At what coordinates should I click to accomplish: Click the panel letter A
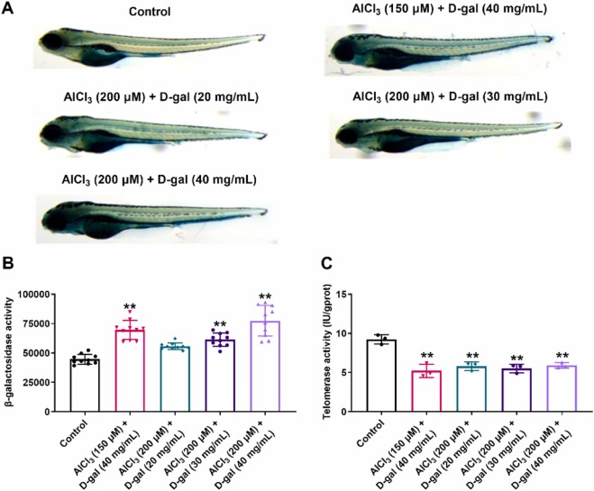tap(11, 8)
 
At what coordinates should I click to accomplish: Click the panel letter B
tap(11, 268)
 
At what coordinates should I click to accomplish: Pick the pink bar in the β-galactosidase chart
tap(133, 370)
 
